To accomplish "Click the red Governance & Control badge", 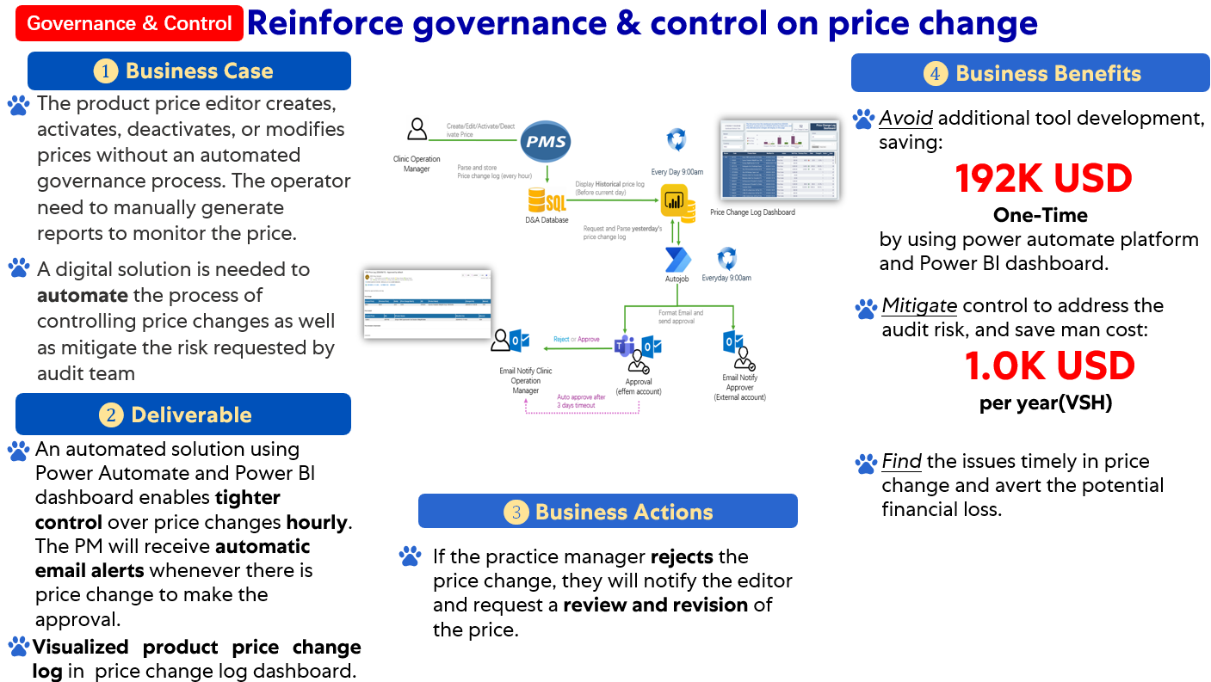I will pos(129,23).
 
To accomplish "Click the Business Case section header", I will pos(189,71).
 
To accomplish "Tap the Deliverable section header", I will pos(183,415).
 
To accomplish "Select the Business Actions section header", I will pos(608,512).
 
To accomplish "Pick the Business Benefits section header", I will pos(1031,73).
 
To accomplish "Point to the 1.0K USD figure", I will pos(1049,366).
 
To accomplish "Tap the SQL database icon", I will pos(547,201).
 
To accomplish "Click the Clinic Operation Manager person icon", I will pos(417,130).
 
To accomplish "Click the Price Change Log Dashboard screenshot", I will pos(778,161).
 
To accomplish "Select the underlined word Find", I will pos(901,461).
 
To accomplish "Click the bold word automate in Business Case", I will pos(83,295).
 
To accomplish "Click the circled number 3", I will pos(516,513).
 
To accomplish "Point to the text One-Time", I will pos(1040,214).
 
